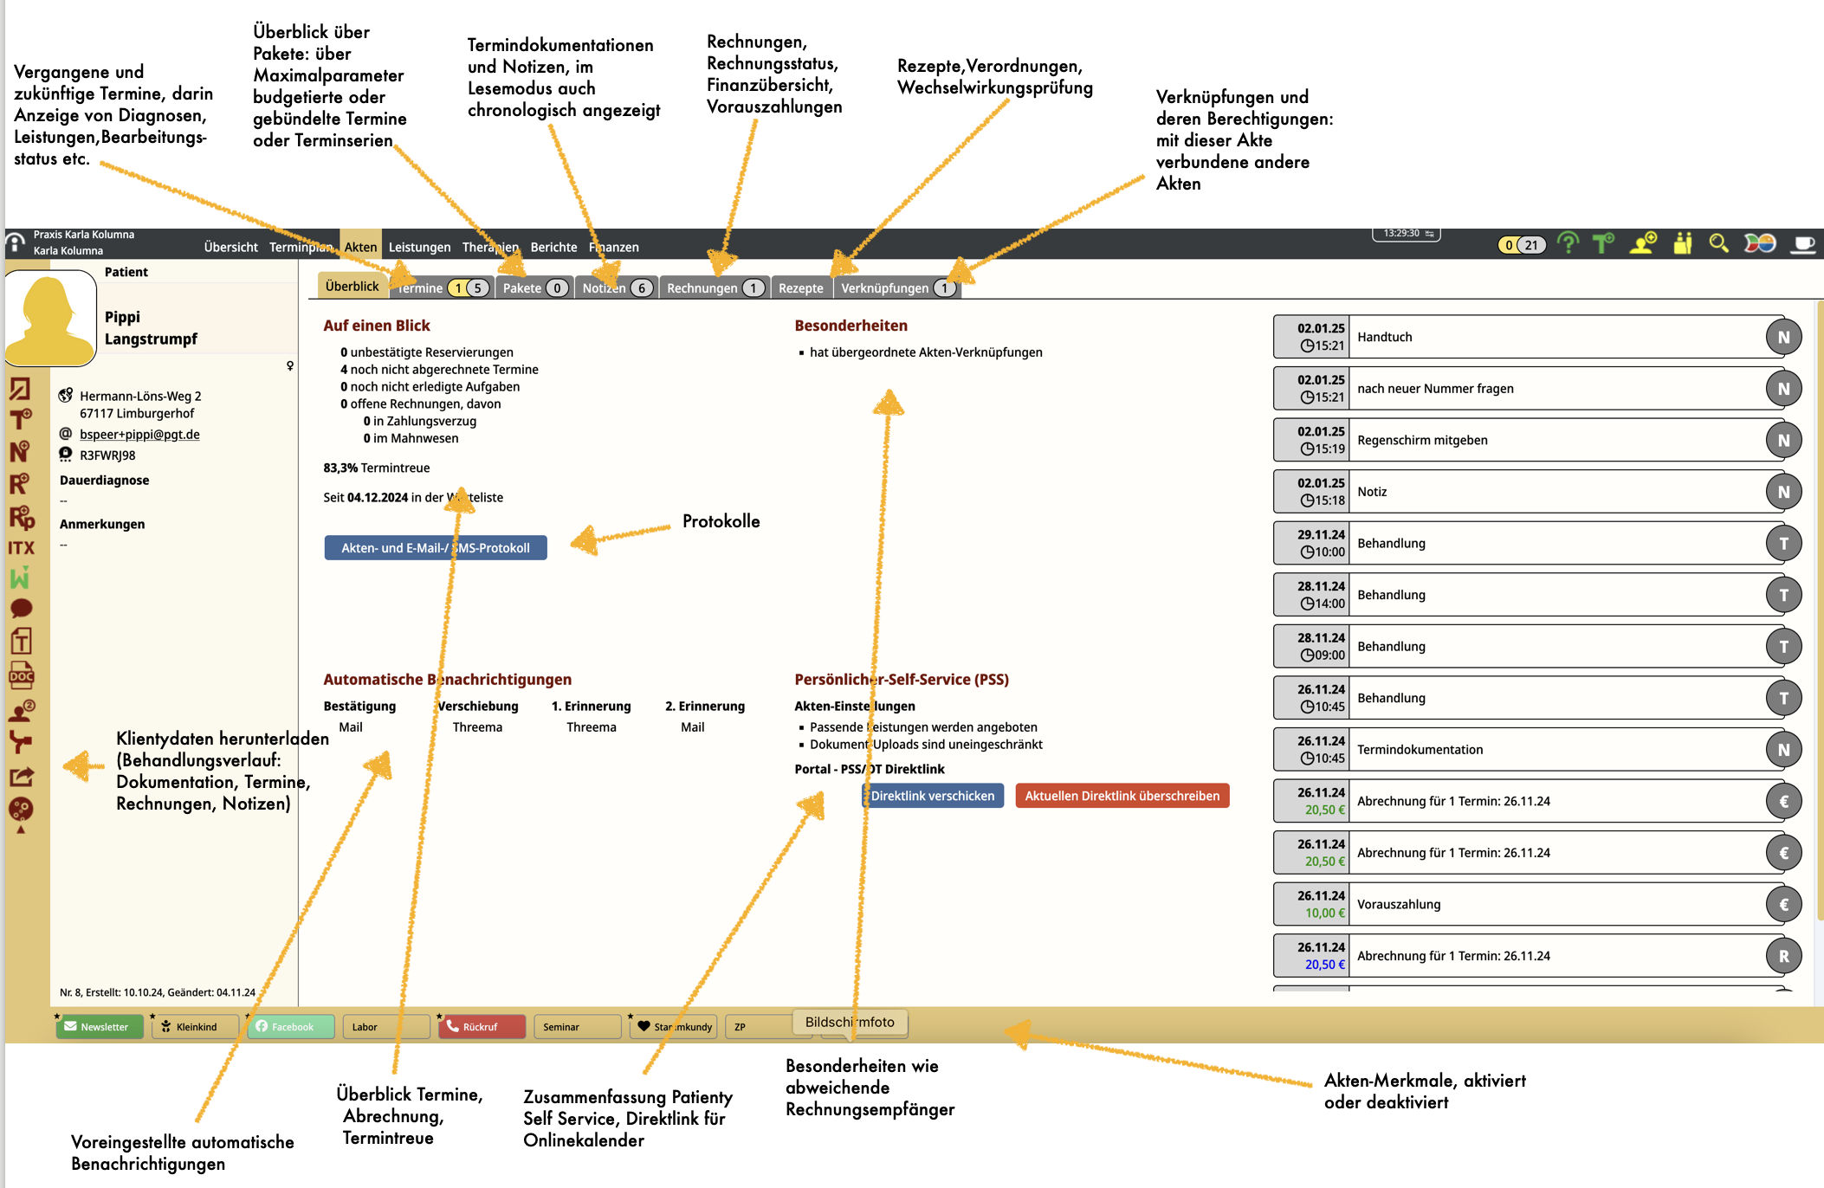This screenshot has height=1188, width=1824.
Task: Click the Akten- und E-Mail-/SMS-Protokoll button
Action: click(436, 548)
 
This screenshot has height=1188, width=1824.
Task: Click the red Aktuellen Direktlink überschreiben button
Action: click(1122, 796)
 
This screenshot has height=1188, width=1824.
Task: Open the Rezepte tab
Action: click(800, 288)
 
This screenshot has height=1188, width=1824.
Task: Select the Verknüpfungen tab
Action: click(897, 288)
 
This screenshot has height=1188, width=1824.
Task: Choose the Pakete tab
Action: click(534, 288)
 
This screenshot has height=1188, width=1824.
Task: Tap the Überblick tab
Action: click(352, 287)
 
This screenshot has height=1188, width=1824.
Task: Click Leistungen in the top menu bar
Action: click(419, 248)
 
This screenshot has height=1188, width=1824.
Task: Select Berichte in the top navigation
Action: click(553, 248)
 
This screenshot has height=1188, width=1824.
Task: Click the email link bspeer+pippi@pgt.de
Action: click(139, 435)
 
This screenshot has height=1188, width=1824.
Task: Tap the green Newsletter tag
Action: click(100, 1027)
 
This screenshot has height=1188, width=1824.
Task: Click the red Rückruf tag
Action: click(482, 1027)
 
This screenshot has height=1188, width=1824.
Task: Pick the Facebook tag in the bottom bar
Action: click(291, 1027)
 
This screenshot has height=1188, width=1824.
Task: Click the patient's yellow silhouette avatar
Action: click(50, 319)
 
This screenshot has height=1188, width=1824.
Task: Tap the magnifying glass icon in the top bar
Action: click(1718, 244)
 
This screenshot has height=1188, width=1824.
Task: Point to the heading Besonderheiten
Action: click(851, 326)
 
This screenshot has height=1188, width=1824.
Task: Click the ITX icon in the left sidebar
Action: click(21, 548)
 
